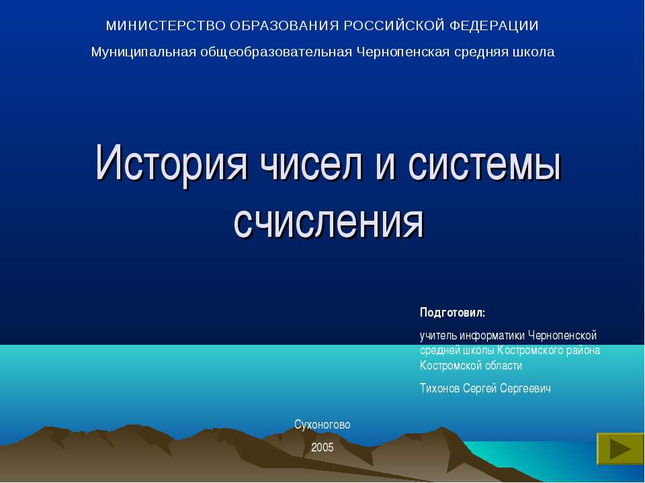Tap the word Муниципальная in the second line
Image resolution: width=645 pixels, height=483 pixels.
point(143,52)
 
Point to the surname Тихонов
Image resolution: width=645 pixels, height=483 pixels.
point(440,388)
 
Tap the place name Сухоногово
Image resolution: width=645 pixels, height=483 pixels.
point(322,425)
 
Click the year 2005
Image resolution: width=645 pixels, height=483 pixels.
point(322,447)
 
